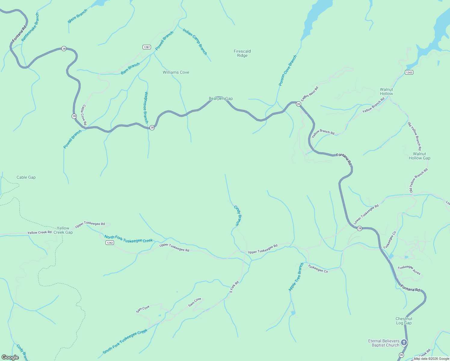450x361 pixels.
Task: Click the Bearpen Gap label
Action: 220,98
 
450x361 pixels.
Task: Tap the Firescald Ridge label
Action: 242,53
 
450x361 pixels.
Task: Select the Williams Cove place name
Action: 176,72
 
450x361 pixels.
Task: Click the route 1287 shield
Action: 146,47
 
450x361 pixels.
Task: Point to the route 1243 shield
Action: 409,72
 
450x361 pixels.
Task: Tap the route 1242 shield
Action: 110,242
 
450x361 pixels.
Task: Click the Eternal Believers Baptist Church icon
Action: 404,342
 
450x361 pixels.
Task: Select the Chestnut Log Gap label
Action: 404,321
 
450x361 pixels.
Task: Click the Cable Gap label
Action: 26,177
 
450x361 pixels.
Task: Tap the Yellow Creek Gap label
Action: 63,230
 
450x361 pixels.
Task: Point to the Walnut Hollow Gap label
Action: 419,156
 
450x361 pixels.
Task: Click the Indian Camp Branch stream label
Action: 195,42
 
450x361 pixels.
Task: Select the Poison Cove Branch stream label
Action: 288,70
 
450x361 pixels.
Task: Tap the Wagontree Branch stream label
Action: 146,107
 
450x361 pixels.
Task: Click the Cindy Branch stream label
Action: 238,215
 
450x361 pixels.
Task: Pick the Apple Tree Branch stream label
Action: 296,277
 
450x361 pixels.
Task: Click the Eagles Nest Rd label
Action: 310,94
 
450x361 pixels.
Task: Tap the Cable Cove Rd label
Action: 84,115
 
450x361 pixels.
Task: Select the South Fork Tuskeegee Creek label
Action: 125,341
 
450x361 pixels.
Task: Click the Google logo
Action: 10,357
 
